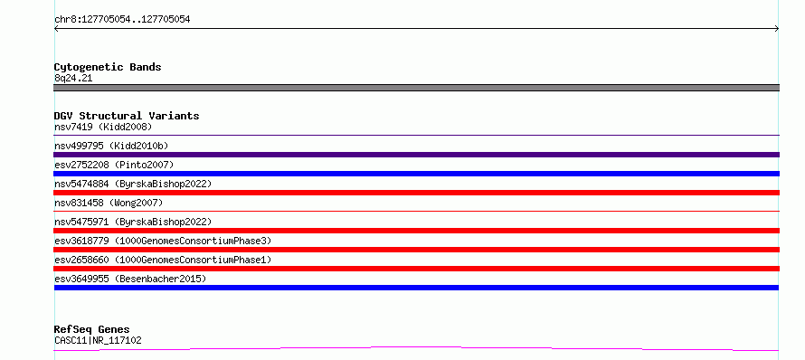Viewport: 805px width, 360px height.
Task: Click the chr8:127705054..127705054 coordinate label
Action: [122, 20]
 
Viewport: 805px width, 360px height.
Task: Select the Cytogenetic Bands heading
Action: [108, 67]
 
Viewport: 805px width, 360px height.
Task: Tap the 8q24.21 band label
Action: [73, 79]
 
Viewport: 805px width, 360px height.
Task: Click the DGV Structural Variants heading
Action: [127, 116]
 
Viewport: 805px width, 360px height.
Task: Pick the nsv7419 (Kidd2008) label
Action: [103, 127]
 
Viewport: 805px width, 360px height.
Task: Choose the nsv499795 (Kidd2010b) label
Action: [111, 146]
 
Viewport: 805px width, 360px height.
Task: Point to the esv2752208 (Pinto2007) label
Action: [114, 165]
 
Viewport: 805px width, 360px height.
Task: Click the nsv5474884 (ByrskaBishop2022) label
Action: [133, 184]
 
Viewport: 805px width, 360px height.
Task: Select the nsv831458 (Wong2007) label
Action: [109, 203]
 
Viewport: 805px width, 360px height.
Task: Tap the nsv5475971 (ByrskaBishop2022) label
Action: [133, 222]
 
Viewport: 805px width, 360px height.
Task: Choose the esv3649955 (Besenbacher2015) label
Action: [130, 279]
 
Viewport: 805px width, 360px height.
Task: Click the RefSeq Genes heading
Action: [92, 330]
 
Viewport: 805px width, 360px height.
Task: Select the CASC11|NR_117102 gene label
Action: [98, 340]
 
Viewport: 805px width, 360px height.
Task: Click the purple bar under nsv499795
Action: [416, 155]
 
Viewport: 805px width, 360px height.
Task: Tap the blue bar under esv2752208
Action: [416, 174]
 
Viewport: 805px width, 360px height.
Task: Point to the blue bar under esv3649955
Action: [416, 288]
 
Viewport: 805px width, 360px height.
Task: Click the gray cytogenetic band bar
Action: [416, 88]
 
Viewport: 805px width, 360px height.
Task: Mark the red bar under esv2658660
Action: [416, 269]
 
